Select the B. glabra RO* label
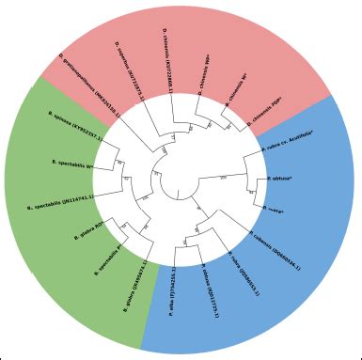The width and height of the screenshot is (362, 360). click(x=105, y=231)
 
